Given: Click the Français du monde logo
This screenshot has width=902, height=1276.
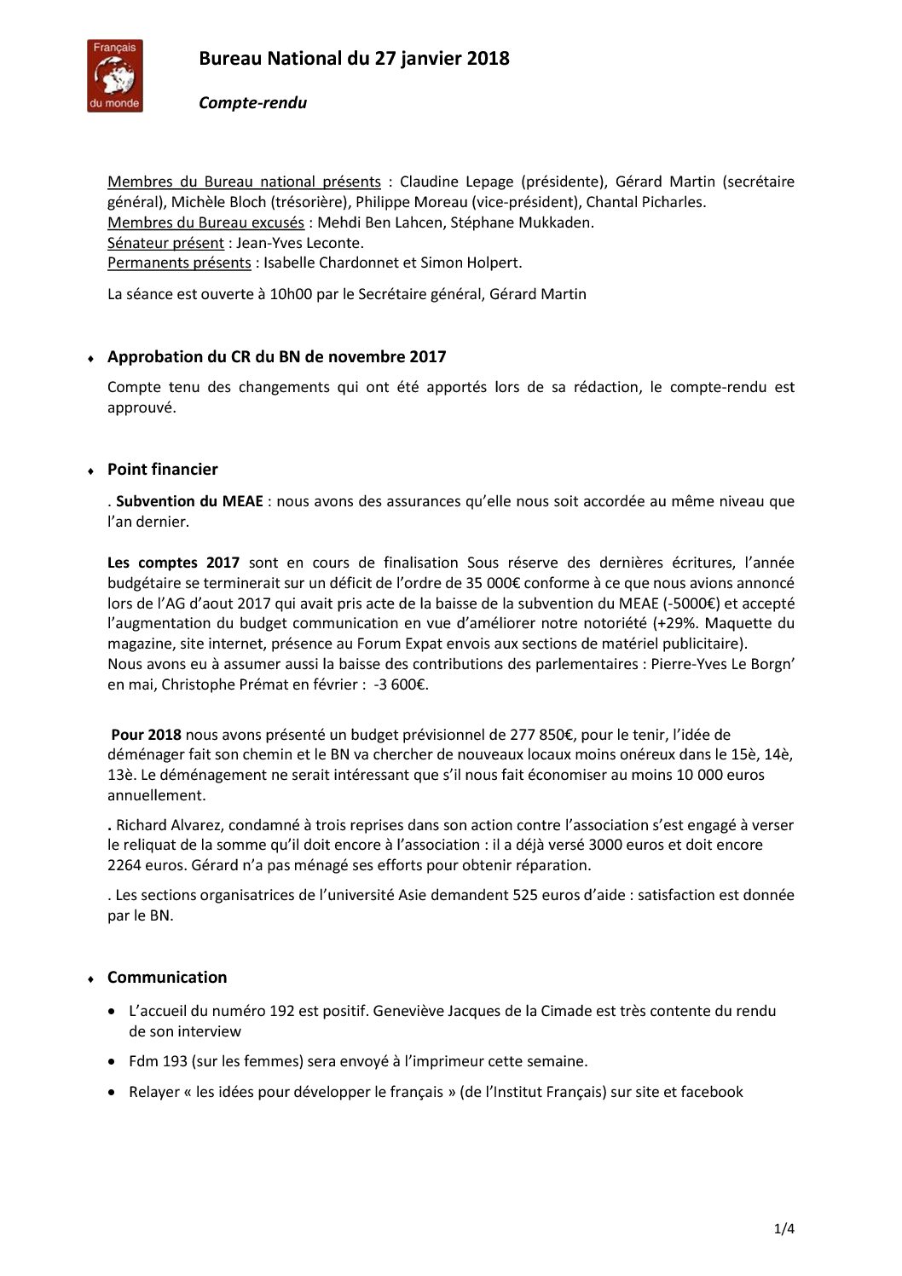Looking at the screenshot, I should pyautogui.click(x=114, y=76).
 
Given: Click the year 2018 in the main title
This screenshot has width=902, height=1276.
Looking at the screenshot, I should pyautogui.click(x=488, y=58).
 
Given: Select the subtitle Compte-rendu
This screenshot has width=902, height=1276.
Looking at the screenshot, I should pyautogui.click(x=252, y=103).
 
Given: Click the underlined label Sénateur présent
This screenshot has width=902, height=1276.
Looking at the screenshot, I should pyautogui.click(x=165, y=243).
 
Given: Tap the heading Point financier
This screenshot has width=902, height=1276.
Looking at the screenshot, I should pyautogui.click(x=162, y=470).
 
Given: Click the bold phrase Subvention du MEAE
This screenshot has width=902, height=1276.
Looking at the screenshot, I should pyautogui.click(x=189, y=501).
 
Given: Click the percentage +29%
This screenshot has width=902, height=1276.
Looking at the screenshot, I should pyautogui.click(x=677, y=623).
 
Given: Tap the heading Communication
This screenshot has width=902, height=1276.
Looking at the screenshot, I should pyautogui.click(x=167, y=978).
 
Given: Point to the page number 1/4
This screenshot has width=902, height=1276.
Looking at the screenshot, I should pyautogui.click(x=784, y=1229).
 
